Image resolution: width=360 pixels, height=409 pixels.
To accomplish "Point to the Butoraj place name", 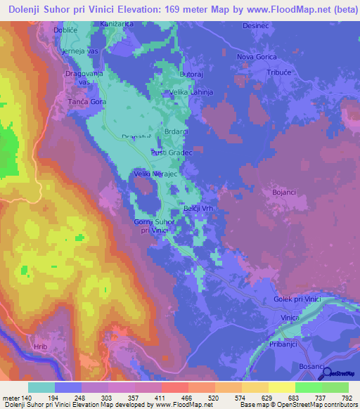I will [x=192, y=74].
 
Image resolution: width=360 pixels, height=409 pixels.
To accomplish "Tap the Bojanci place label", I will [x=285, y=191].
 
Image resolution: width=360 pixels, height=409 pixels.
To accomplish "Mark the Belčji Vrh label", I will [x=188, y=210].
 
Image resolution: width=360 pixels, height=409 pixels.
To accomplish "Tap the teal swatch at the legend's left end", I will [x=41, y=387].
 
